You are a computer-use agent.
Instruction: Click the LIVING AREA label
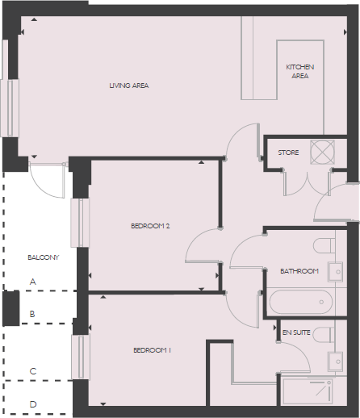pyautogui.click(x=129, y=86)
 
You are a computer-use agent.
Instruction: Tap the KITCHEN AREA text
pyautogui.click(x=299, y=71)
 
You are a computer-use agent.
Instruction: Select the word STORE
pyautogui.click(x=288, y=153)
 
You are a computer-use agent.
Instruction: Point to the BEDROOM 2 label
pyautogui.click(x=150, y=226)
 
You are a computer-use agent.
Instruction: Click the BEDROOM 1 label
pyautogui.click(x=152, y=350)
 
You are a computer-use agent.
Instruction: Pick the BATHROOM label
pyautogui.click(x=299, y=271)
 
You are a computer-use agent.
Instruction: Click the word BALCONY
pyautogui.click(x=44, y=257)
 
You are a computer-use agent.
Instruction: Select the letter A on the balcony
pyautogui.click(x=33, y=282)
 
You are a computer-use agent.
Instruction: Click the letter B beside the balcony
pyautogui.click(x=33, y=314)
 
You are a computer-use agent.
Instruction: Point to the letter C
pyautogui.click(x=33, y=371)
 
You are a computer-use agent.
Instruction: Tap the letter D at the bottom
pyautogui.click(x=33, y=404)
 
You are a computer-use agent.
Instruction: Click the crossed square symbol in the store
pyautogui.click(x=323, y=152)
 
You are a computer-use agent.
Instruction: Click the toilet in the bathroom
pyautogui.click(x=325, y=245)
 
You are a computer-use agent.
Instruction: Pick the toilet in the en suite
pyautogui.click(x=325, y=334)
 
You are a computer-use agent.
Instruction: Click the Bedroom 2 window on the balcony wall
pyautogui.click(x=78, y=223)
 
